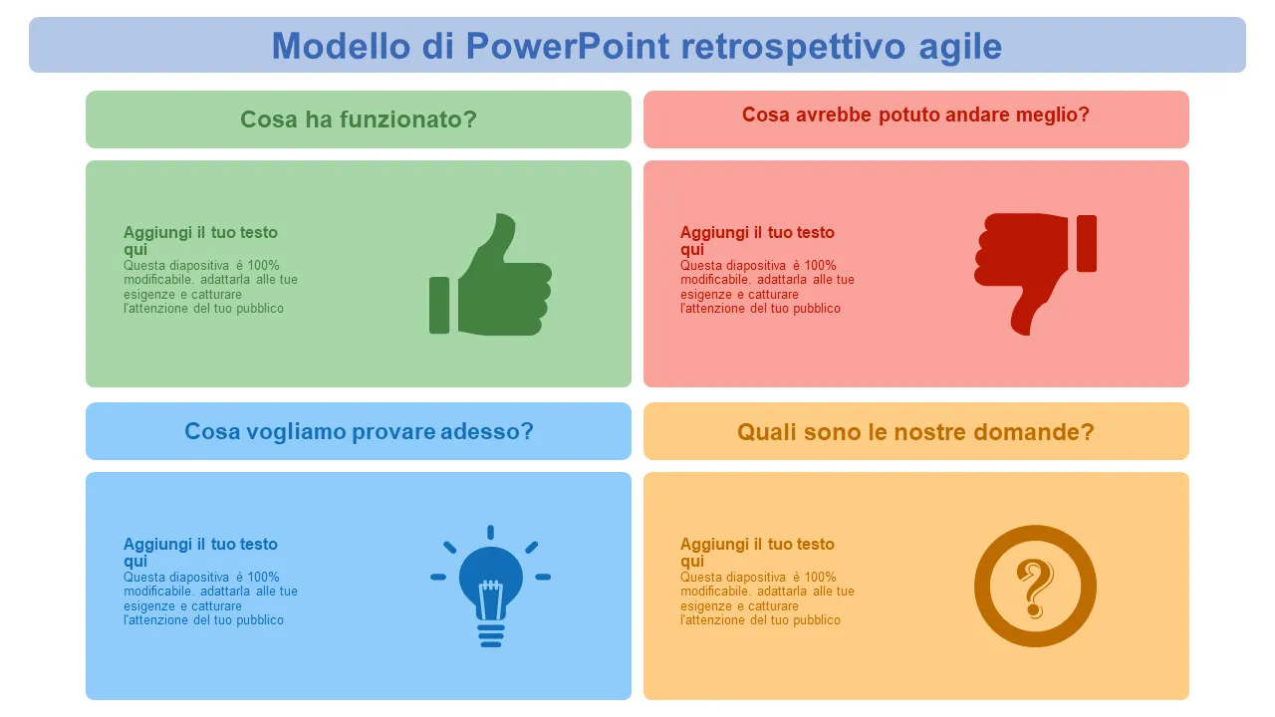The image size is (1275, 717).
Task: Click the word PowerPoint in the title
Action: (567, 46)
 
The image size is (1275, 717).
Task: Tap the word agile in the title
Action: (959, 47)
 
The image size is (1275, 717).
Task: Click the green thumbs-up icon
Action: (490, 274)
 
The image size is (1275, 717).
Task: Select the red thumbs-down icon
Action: (1035, 274)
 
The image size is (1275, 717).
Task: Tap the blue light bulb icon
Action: (490, 587)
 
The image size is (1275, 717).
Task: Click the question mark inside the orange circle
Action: (1035, 589)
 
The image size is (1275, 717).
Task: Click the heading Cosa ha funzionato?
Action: (358, 119)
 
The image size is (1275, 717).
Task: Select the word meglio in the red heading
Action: (1046, 116)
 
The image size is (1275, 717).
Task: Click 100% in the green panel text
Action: (263, 266)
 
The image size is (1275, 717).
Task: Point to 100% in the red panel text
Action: (820, 266)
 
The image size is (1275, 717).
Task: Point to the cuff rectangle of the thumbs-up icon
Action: (439, 305)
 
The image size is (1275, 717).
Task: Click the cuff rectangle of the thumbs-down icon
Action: (1086, 244)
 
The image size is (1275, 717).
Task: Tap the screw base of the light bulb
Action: (490, 635)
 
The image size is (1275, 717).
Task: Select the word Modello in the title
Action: (341, 46)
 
